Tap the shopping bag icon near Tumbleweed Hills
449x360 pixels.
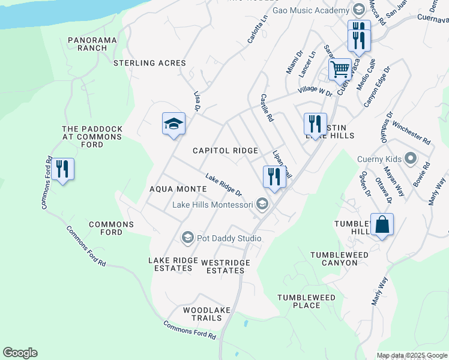382,225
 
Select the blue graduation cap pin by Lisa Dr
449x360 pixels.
174,124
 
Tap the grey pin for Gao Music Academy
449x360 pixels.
358,10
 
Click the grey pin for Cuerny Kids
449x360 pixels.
411,159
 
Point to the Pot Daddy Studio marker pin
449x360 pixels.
187,238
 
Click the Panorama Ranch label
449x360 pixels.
92,44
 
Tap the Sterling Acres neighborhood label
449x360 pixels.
150,63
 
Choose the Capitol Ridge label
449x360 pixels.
225,151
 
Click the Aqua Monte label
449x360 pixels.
178,189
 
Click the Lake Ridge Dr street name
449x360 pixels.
223,185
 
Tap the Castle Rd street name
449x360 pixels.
267,108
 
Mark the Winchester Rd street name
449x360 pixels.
411,133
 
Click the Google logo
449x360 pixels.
20,353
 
